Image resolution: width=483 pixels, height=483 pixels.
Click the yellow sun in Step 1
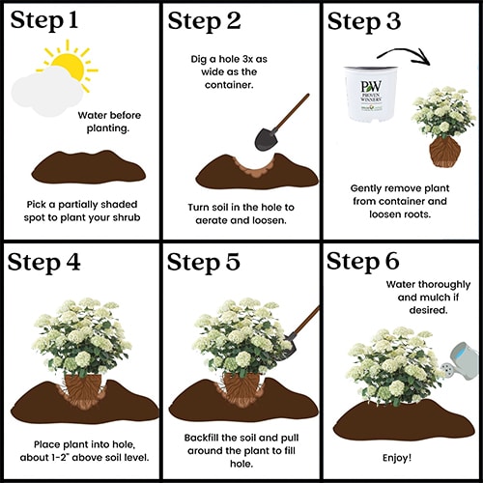71,65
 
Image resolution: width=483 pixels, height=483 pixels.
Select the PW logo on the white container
371,86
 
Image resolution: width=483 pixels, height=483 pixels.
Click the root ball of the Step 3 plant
444,152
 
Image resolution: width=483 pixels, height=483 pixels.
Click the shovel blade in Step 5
288,348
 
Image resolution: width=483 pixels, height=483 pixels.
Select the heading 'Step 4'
43,263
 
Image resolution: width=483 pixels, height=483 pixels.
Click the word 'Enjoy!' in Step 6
397,458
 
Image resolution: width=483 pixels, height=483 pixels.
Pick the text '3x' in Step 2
247,59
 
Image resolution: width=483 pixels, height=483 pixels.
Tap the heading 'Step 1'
44,20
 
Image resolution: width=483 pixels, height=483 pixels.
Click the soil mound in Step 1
89,167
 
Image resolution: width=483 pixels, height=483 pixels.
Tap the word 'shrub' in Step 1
127,217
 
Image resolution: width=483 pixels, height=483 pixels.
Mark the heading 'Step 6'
363,261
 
